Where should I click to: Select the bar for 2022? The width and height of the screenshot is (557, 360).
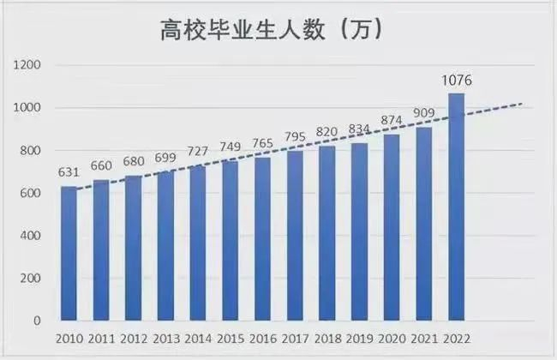(456, 207)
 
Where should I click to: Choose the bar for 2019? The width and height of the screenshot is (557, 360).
(359, 232)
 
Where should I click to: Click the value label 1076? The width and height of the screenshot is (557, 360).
(457, 81)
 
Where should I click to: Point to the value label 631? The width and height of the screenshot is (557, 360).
(69, 171)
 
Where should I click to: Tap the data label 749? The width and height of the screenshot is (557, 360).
(231, 146)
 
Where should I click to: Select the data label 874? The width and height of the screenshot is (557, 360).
(392, 121)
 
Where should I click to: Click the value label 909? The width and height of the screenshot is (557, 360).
(423, 113)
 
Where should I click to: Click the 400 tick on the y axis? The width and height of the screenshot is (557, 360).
(32, 236)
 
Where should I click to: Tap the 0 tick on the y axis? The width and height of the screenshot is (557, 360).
(38, 321)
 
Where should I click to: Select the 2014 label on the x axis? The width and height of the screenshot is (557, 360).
(198, 339)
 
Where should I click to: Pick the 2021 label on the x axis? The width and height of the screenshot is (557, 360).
(423, 339)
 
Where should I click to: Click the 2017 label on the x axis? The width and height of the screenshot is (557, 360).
(295, 339)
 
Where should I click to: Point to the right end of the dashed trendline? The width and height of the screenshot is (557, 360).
(522, 104)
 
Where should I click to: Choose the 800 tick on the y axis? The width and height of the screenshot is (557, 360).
(32, 151)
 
